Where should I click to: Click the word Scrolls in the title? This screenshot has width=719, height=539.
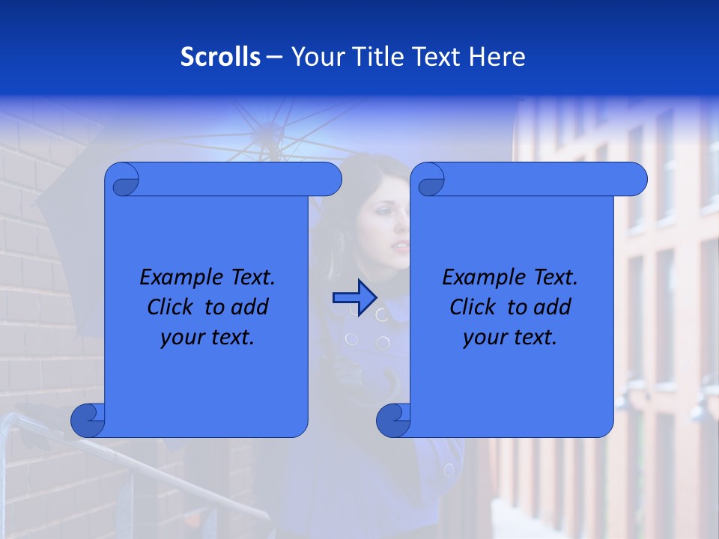click(220, 57)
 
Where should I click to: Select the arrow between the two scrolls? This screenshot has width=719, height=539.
click(354, 298)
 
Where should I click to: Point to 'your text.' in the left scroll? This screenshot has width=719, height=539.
click(207, 337)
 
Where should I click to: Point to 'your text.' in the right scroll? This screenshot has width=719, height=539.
click(510, 337)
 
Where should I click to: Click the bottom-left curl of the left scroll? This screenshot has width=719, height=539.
click(88, 421)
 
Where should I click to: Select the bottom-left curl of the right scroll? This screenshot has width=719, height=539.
click(393, 421)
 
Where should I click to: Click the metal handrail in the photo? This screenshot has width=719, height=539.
click(150, 464)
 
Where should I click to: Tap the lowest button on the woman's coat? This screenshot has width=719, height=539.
click(449, 470)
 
